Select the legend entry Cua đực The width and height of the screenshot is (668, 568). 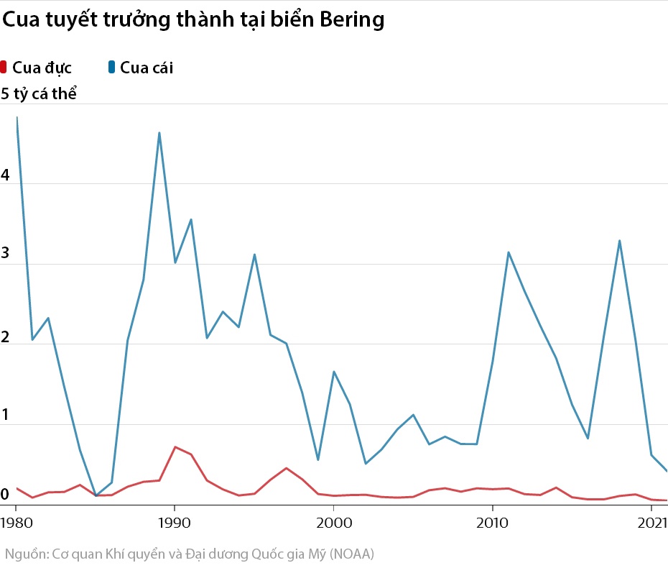(42, 68)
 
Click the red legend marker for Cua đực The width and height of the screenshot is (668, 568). (4, 68)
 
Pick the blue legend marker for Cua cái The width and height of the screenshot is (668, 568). (112, 68)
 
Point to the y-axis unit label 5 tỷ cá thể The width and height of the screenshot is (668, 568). (39, 93)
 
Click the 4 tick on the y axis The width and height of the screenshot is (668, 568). (5, 175)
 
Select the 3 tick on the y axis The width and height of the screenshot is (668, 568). (5, 255)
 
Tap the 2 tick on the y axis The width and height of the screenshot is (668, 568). (5, 335)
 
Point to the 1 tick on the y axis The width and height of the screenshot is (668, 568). (5, 415)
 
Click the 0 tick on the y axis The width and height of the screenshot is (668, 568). (5, 495)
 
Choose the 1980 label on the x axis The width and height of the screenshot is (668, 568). (16, 522)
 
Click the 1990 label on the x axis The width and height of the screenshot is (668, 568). (174, 522)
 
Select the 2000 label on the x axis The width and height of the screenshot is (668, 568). (333, 522)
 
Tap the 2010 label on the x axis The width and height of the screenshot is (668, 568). (492, 522)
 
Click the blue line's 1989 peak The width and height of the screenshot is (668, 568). (159, 133)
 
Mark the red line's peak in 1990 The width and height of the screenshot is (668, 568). (175, 447)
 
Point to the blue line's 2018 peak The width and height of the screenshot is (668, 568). (619, 241)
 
